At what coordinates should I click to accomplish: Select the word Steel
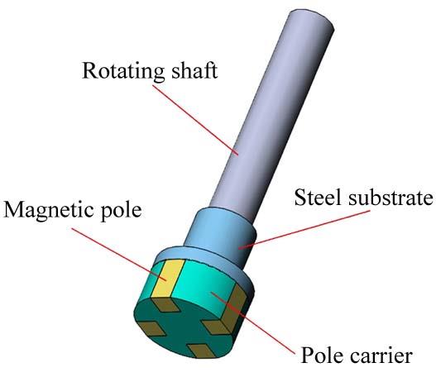click(318, 197)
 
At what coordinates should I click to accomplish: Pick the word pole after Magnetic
click(121, 212)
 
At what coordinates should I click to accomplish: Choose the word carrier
click(381, 355)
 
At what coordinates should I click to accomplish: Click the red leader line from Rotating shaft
click(195, 120)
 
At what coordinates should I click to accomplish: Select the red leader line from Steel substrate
click(304, 229)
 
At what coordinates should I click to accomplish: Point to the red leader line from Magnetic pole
click(119, 255)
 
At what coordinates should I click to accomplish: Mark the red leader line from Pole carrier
click(253, 323)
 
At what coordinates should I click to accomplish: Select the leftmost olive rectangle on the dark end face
click(152, 328)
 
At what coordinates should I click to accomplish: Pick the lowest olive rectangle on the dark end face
click(202, 351)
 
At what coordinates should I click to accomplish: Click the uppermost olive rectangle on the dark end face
click(165, 305)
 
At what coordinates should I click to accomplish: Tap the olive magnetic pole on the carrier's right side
click(234, 308)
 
